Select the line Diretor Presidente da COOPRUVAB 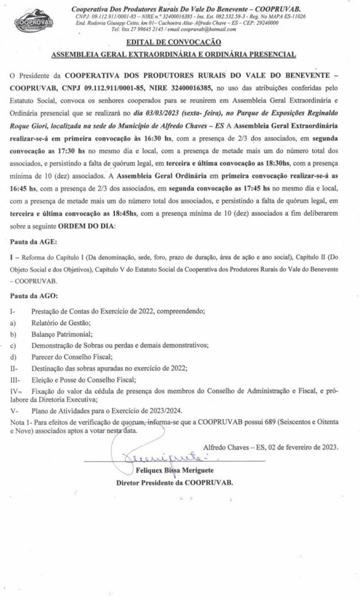pos(175,482)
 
